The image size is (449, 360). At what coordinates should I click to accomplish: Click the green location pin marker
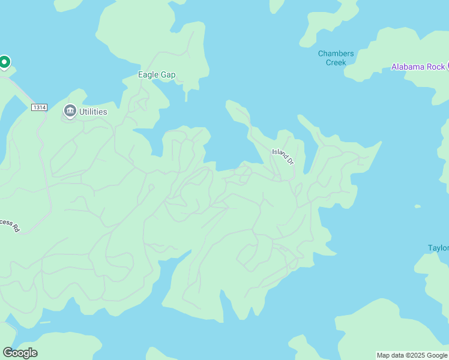[x=4, y=62]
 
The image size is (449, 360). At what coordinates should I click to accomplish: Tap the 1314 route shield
[x=40, y=107]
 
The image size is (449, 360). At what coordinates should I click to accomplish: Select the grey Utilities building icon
[x=70, y=111]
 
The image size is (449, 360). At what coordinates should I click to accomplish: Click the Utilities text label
[x=93, y=112]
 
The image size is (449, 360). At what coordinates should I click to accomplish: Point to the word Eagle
[x=148, y=75]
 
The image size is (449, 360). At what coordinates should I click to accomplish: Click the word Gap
[x=168, y=75]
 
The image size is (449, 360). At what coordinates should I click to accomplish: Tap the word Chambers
[x=336, y=53]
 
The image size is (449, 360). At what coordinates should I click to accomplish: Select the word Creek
[x=336, y=62]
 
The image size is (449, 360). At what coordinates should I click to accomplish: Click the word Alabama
[x=409, y=67]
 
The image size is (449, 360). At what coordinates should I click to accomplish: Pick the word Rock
[x=436, y=67]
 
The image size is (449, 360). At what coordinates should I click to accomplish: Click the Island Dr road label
[x=283, y=157]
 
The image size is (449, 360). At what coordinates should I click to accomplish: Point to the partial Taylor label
[x=438, y=248]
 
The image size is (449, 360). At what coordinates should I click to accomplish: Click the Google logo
[x=20, y=353]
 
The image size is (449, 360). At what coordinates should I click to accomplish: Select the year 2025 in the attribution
[x=415, y=355]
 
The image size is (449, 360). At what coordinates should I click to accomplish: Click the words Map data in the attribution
[x=390, y=355]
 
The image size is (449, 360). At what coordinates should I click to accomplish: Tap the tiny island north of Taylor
[x=418, y=206]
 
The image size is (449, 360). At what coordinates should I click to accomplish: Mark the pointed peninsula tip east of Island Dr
[x=379, y=143]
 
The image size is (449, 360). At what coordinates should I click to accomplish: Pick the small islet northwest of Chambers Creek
[x=276, y=5]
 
